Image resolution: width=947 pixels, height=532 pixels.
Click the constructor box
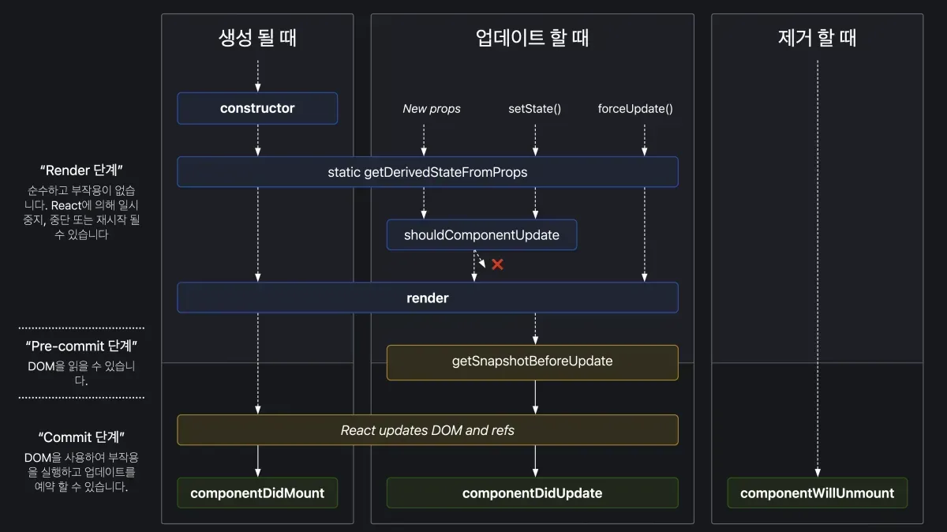pos(257,108)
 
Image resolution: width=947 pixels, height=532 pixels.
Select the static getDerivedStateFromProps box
pos(427,171)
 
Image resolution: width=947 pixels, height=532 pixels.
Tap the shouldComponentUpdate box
pos(481,234)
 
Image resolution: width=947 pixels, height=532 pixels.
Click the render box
pos(427,298)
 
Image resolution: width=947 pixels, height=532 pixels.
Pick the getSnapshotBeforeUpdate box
pos(532,362)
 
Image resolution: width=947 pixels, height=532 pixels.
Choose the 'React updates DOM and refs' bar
pos(427,430)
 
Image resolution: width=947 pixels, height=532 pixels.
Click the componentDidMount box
pos(257,493)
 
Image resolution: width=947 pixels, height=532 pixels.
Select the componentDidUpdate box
pos(532,493)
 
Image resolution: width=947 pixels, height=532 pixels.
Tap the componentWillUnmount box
pos(817,493)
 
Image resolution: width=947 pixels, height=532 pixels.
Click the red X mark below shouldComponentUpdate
pos(497,264)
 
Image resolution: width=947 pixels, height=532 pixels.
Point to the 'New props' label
pos(432,109)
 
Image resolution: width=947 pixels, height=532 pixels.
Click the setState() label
pos(534,109)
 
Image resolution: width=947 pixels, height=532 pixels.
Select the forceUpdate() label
pos(635,109)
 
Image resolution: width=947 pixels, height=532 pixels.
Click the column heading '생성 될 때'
pos(257,37)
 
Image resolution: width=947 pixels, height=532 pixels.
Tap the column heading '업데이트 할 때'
pos(532,37)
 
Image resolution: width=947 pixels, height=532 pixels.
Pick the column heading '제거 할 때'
pos(817,37)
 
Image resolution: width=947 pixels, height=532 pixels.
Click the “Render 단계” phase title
pos(81,170)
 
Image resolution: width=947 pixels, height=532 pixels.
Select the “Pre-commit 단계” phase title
pos(81,346)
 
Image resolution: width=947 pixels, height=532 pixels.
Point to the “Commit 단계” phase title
pos(81,436)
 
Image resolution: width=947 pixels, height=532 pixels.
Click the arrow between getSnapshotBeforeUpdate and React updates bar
pos(536,397)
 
